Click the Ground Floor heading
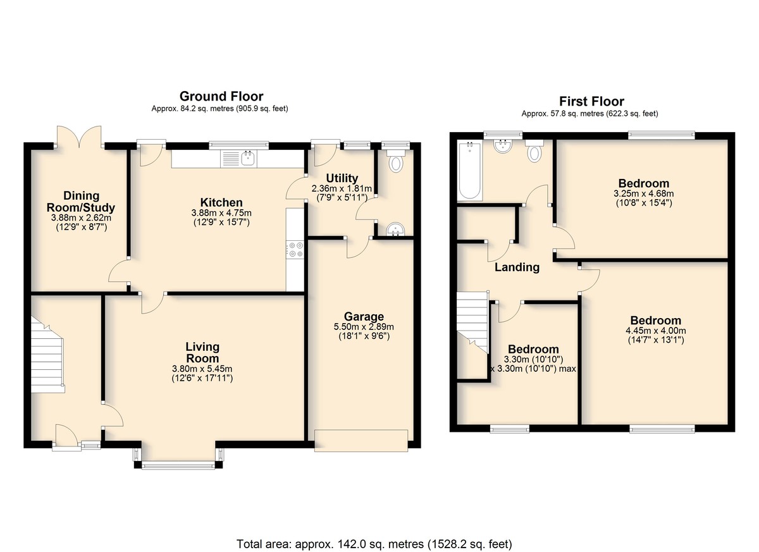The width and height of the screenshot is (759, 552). (221, 97)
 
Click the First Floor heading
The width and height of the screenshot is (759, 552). (591, 101)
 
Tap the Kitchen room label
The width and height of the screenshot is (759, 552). (221, 202)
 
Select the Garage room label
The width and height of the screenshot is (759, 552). (364, 317)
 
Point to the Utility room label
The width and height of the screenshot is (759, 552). (342, 178)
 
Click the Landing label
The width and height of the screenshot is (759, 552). (517, 267)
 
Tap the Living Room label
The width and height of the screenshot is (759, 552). (202, 353)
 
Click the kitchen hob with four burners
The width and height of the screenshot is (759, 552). (295, 249)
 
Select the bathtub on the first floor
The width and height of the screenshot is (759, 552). (469, 171)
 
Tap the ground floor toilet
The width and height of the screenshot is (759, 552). (395, 161)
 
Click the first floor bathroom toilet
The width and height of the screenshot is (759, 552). (534, 150)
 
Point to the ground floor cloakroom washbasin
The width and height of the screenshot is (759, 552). (395, 229)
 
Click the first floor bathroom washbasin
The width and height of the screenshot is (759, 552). (503, 146)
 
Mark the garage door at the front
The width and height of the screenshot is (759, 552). (361, 441)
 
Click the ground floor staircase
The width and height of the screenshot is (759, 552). (47, 355)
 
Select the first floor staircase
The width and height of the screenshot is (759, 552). (472, 322)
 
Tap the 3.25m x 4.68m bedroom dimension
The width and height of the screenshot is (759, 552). (643, 194)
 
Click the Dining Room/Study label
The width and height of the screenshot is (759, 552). (81, 202)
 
